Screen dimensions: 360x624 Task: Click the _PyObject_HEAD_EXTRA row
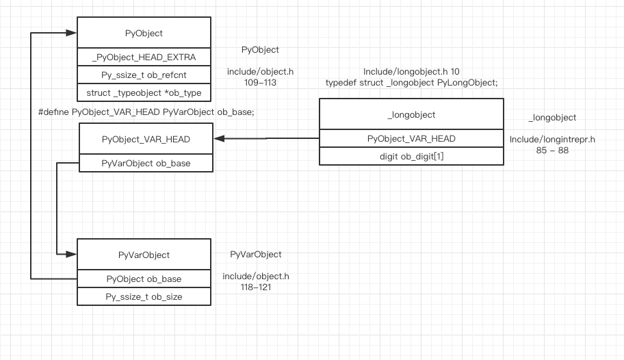pyautogui.click(x=143, y=57)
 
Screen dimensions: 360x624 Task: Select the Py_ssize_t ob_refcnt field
pyautogui.click(x=143, y=75)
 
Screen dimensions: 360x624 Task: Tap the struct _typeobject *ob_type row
pyautogui.click(x=143, y=93)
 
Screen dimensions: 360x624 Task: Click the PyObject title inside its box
pyautogui.click(x=143, y=32)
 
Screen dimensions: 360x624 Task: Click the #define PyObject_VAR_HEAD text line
pyautogui.click(x=146, y=112)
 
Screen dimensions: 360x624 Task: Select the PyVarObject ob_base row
pyautogui.click(x=146, y=164)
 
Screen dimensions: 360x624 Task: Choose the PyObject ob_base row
pyautogui.click(x=143, y=279)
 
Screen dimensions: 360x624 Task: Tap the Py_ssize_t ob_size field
pyautogui.click(x=143, y=296)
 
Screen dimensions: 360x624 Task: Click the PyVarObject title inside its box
pyautogui.click(x=143, y=255)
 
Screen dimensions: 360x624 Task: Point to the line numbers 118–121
pyautogui.click(x=255, y=288)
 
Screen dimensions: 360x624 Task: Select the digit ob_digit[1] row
pyautogui.click(x=411, y=156)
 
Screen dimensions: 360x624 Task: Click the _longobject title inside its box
pyautogui.click(x=411, y=114)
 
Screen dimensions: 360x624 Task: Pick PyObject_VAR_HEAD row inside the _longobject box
pyautogui.click(x=411, y=138)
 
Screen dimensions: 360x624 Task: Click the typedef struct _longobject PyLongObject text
pyautogui.click(x=411, y=82)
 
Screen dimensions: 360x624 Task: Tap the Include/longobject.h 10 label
pyautogui.click(x=411, y=71)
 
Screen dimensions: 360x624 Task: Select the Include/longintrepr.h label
pyautogui.click(x=552, y=139)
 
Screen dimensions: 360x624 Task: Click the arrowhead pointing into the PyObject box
pyautogui.click(x=71, y=32)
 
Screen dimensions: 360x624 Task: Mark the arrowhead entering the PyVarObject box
pyautogui.click(x=71, y=255)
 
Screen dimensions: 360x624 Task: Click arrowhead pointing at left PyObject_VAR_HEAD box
pyautogui.click(x=219, y=138)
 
